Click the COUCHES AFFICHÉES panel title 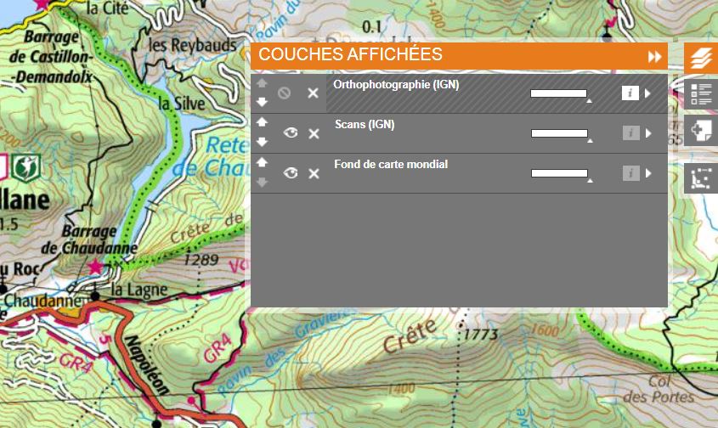[x=350, y=55]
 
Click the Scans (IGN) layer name [x=365, y=125]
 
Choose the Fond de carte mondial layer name [x=391, y=164]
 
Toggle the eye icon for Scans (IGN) [x=291, y=133]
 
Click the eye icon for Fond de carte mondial [x=291, y=173]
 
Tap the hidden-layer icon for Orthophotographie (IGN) [x=285, y=93]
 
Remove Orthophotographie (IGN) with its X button [x=313, y=93]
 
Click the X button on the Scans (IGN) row [x=314, y=133]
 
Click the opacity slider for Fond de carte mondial [x=559, y=173]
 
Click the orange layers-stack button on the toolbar [x=700, y=58]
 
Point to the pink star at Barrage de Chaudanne [x=95, y=267]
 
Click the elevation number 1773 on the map [x=480, y=335]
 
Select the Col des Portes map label [x=670, y=389]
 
